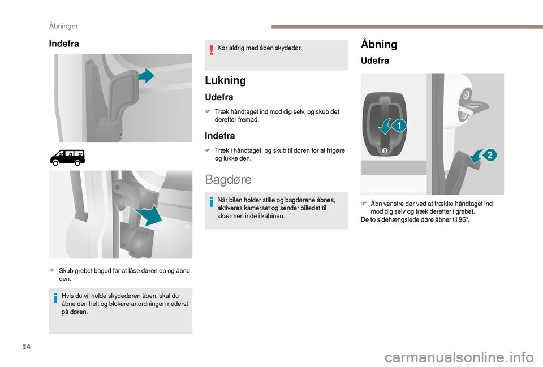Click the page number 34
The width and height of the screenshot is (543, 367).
click(x=27, y=347)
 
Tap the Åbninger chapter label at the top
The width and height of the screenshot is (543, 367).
click(x=63, y=26)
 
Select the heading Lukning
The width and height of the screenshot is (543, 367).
click(x=225, y=80)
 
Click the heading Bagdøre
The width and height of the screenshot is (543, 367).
click(x=228, y=179)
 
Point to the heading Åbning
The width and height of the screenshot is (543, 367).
click(x=379, y=44)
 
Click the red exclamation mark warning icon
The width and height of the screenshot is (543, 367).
click(x=211, y=50)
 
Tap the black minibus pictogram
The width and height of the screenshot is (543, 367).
click(x=67, y=158)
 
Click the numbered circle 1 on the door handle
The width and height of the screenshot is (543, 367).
click(x=399, y=126)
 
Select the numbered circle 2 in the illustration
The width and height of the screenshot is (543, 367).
click(x=490, y=155)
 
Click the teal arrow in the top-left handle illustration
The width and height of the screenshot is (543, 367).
click(x=147, y=75)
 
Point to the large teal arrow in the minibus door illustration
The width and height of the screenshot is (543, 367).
click(x=149, y=215)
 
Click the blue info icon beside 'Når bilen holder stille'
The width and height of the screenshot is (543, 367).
click(x=211, y=201)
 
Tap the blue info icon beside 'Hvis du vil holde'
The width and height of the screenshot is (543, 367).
click(x=55, y=297)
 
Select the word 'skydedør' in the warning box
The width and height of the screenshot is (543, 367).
click(x=288, y=48)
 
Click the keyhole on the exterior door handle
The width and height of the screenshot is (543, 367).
click(x=385, y=151)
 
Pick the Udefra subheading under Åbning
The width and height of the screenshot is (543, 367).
click(x=374, y=61)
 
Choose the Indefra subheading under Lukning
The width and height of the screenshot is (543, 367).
click(x=219, y=136)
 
